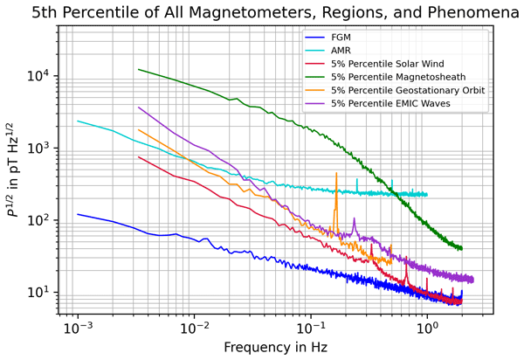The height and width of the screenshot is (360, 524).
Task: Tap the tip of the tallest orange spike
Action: pyautogui.click(x=335, y=173)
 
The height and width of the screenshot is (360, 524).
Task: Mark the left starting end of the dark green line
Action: pyautogui.click(x=139, y=69)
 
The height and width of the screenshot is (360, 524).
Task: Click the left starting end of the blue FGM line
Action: pyautogui.click(x=78, y=214)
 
